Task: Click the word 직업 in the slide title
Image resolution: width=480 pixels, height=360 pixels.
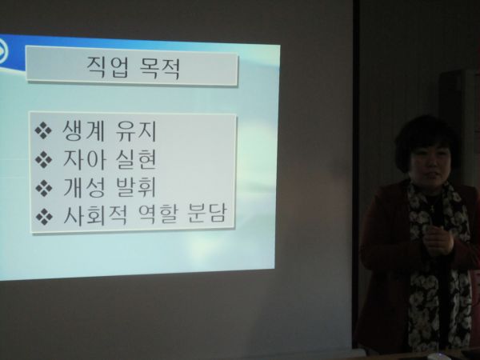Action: tap(108, 66)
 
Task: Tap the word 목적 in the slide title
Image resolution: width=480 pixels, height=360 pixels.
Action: tap(159, 68)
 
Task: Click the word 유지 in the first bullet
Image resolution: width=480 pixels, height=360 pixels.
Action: tap(136, 131)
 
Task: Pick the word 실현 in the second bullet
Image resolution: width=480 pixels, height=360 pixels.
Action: tap(136, 159)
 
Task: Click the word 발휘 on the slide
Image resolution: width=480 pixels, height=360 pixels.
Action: tap(136, 187)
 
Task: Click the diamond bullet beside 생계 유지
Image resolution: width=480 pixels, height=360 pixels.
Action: tap(43, 130)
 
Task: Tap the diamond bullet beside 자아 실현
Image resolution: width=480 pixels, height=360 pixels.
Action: tap(43, 159)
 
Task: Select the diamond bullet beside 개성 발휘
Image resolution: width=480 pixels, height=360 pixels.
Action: tap(44, 188)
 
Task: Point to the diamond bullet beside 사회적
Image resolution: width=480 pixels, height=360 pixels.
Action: tap(44, 217)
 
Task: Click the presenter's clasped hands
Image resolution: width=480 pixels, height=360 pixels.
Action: tap(438, 240)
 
